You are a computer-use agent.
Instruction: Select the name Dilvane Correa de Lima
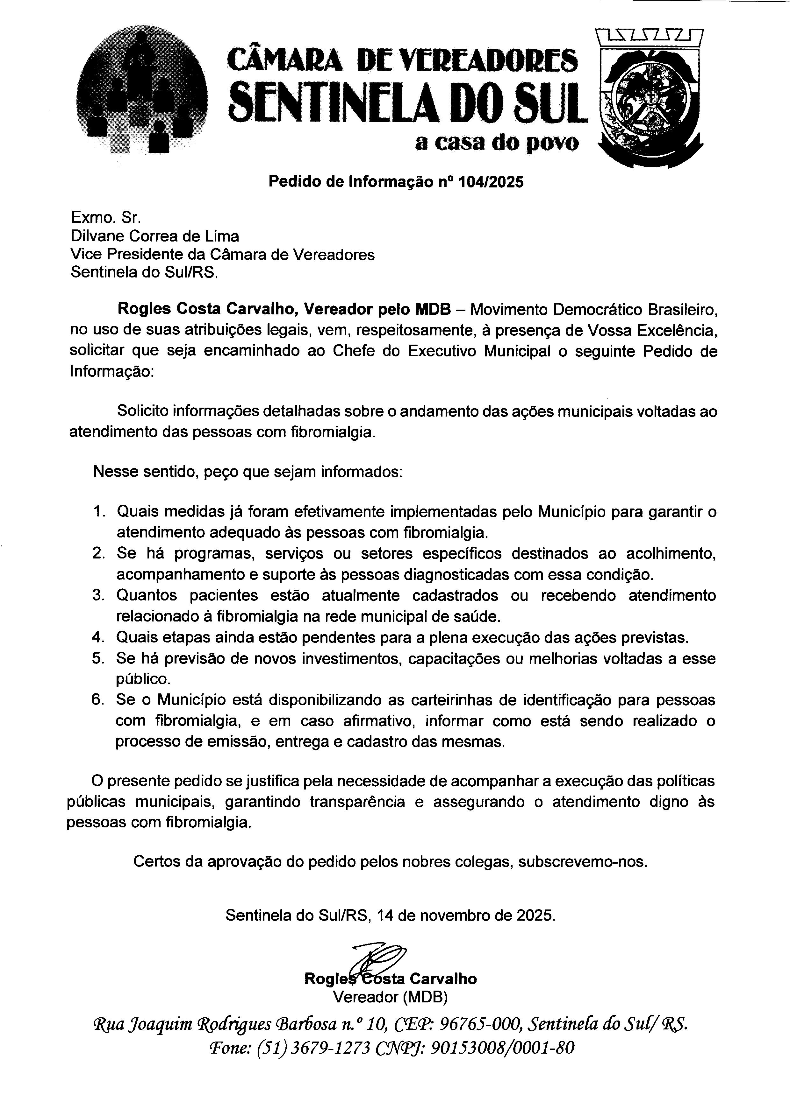click(155, 236)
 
